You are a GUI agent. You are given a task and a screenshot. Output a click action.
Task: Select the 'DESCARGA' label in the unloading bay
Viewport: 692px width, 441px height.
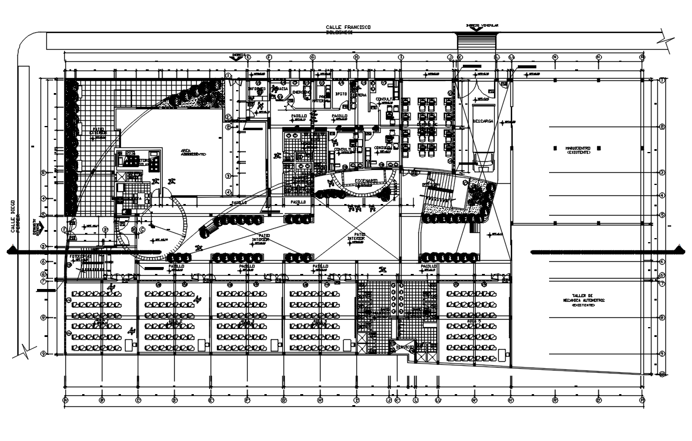tap(482, 121)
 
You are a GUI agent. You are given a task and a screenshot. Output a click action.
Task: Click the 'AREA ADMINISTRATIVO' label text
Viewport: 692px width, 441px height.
tap(193, 152)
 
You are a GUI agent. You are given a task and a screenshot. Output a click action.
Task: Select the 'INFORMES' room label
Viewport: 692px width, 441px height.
tap(257, 89)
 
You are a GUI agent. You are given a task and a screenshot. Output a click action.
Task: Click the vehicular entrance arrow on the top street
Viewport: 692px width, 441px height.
tap(476, 29)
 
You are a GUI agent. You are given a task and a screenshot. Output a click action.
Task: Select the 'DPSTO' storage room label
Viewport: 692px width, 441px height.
tap(340, 92)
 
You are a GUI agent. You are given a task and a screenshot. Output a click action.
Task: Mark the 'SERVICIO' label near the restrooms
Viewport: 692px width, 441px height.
tap(404, 347)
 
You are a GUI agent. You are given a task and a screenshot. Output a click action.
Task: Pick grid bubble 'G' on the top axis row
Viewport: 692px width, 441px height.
tap(312, 57)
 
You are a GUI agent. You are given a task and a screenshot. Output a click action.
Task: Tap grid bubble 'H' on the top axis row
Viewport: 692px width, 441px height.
tap(356, 57)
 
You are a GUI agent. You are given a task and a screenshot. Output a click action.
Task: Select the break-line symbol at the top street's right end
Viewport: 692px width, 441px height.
tap(669, 42)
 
